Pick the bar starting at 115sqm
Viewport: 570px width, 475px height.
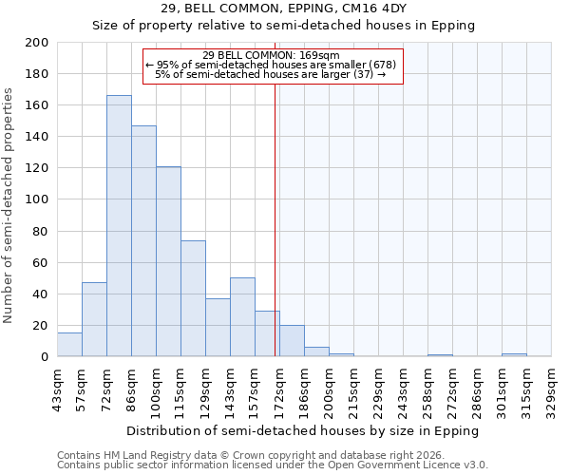tap(193, 298)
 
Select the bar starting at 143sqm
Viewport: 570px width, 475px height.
tap(242, 317)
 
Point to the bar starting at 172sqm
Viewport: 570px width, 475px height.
tap(292, 341)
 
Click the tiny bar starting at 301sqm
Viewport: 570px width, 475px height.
tap(514, 355)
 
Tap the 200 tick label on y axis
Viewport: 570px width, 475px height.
tap(38, 43)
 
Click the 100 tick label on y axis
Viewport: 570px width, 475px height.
tap(38, 199)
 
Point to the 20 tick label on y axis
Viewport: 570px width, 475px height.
tap(41, 326)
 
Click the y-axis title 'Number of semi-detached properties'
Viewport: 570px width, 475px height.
tap(9, 205)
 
